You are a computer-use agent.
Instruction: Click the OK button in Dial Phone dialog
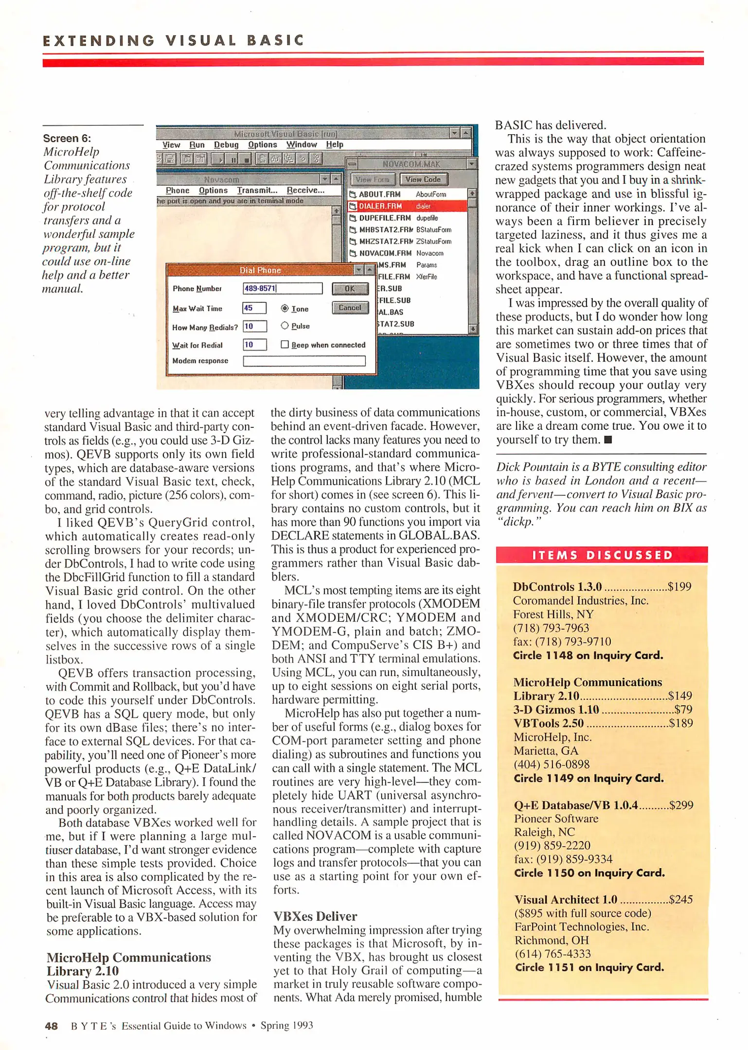click(350, 289)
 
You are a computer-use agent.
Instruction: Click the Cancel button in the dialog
click(350, 308)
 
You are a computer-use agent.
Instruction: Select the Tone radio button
click(285, 309)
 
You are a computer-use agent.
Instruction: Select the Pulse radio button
click(285, 326)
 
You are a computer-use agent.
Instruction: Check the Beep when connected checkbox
click(285, 345)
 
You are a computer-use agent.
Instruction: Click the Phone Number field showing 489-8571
click(282, 288)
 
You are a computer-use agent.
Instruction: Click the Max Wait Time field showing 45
click(254, 308)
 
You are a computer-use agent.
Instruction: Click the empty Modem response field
click(304, 361)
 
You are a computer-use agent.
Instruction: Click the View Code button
click(423, 179)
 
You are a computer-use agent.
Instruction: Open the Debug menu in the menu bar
click(226, 145)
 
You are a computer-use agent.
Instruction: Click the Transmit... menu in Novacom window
click(257, 191)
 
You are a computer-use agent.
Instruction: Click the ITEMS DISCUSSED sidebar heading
click(602, 555)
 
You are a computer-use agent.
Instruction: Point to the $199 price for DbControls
click(679, 587)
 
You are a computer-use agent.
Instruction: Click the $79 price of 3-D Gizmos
click(683, 710)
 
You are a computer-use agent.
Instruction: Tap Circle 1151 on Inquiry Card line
click(589, 967)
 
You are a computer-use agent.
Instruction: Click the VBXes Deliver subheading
click(315, 916)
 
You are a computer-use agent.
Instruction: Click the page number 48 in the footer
click(51, 1026)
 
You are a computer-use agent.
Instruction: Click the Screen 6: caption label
click(67, 139)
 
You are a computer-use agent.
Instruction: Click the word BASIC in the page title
click(275, 40)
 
